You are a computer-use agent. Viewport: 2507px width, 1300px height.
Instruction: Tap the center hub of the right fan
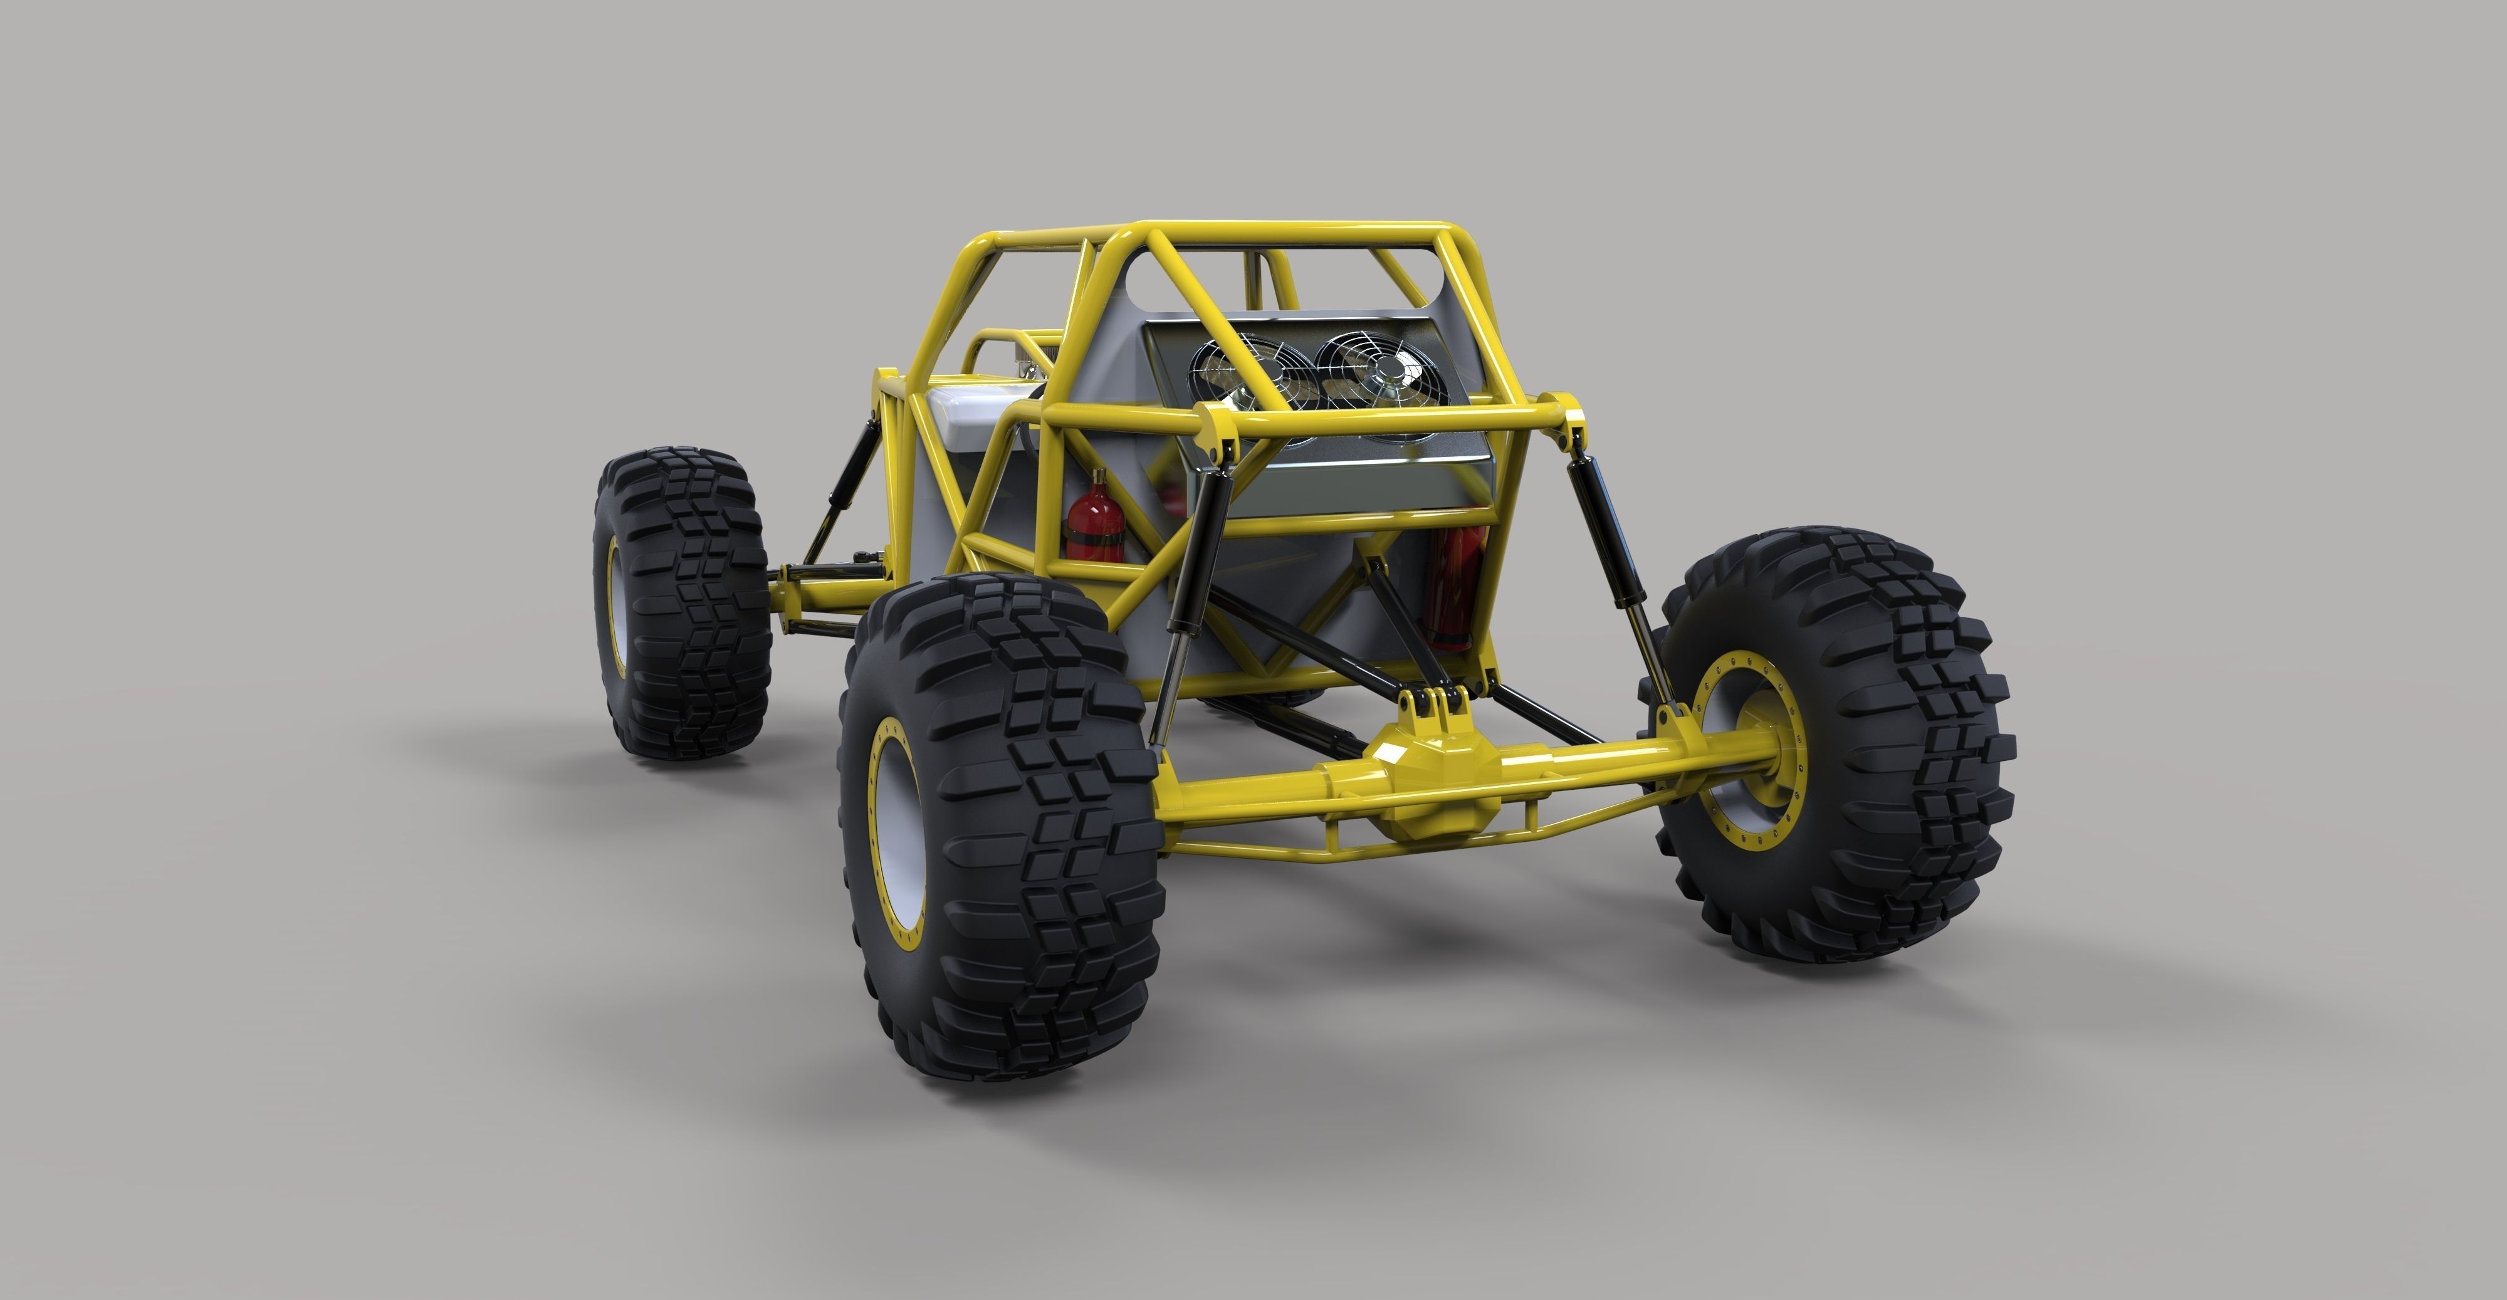1382,368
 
